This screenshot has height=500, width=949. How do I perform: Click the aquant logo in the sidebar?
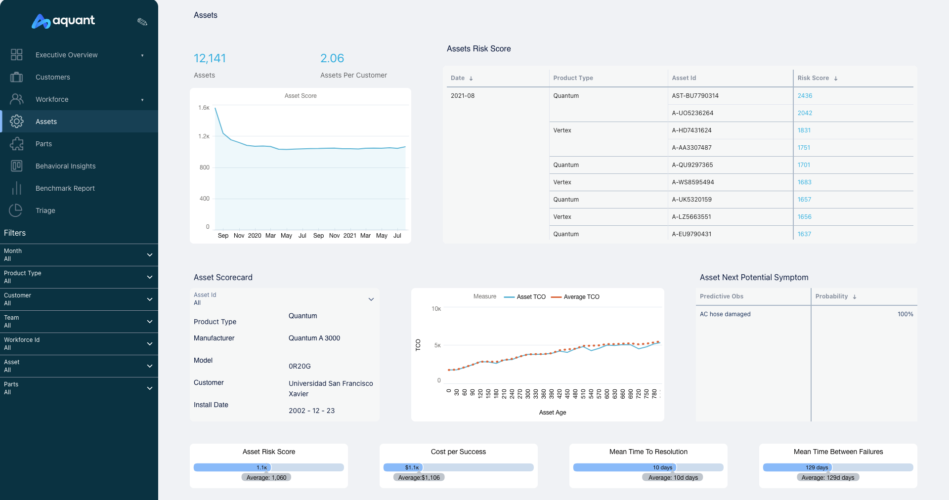pos(63,21)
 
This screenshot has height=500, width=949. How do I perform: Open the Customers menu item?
pos(52,77)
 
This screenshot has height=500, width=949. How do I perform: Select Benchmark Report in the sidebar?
pos(65,188)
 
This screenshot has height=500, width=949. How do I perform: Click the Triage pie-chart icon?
pos(16,210)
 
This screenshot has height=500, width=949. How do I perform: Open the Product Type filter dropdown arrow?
pos(149,277)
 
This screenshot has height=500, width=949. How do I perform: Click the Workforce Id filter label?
pos(22,340)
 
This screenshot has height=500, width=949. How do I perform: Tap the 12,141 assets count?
pos(210,58)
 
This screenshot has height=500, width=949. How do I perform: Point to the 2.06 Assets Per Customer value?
pos(332,58)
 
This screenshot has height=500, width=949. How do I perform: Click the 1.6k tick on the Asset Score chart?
pos(204,108)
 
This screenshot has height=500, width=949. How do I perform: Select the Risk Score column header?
pos(813,78)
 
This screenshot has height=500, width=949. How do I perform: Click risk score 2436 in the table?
pos(805,96)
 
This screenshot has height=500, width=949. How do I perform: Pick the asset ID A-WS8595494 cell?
pos(692,182)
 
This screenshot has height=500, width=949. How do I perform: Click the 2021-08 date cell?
pos(462,96)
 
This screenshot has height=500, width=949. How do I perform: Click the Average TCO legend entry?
pos(581,297)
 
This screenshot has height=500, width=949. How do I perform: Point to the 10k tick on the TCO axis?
pos(436,309)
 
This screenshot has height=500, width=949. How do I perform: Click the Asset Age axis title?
pos(552,413)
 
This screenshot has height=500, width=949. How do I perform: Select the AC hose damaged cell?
pos(725,314)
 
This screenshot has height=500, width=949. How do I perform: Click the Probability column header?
pos(831,296)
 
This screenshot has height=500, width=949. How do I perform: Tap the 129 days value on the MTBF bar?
pos(817,467)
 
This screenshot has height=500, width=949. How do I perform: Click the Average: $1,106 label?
pos(419,478)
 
